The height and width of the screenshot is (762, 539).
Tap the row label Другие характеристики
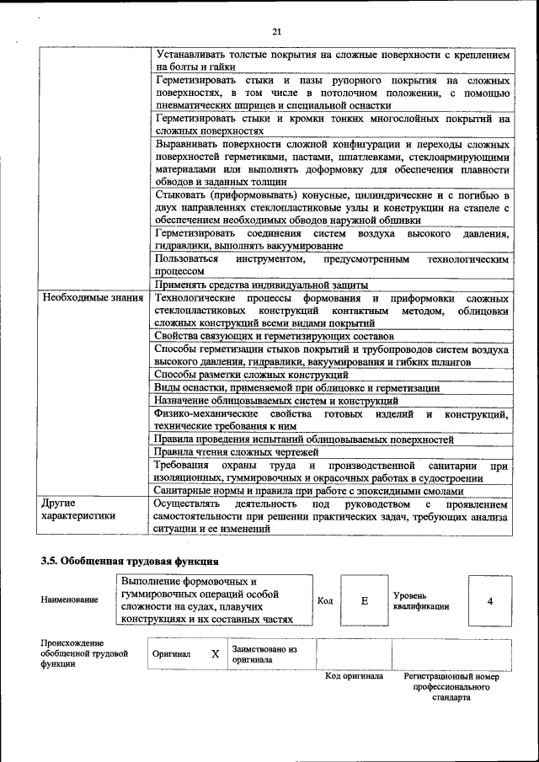coord(78,509)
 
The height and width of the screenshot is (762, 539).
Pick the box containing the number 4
coord(489,600)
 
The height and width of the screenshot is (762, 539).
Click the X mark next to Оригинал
coord(215,653)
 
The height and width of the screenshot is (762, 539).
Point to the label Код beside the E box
coord(325,600)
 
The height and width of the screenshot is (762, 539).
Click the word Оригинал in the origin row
coord(172,653)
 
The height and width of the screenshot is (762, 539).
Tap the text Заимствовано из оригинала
coord(264,654)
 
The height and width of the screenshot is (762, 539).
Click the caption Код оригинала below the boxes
coord(354,676)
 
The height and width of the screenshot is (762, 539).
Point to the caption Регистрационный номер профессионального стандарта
coord(451,686)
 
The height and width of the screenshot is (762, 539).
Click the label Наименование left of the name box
coord(69,599)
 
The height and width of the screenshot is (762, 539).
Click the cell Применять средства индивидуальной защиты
coord(261,285)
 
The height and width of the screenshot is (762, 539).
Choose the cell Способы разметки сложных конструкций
coord(252,375)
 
